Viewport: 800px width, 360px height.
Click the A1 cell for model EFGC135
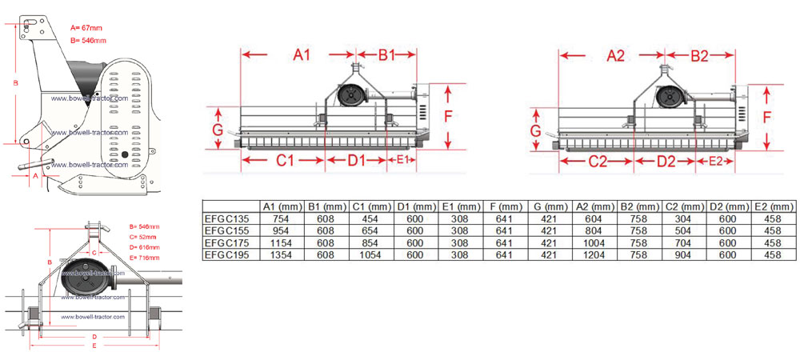click(x=283, y=218)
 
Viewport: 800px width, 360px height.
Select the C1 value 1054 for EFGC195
click(x=370, y=255)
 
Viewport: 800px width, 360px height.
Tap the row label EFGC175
click(x=226, y=243)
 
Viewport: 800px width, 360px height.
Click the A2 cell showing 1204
click(x=594, y=255)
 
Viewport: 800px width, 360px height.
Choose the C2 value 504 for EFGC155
click(x=683, y=231)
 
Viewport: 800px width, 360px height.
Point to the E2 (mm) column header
click(x=774, y=206)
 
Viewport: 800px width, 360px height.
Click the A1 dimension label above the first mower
click(x=302, y=55)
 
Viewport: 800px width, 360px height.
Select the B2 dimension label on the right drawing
click(x=699, y=57)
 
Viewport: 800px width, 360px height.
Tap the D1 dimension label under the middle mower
click(x=357, y=161)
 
